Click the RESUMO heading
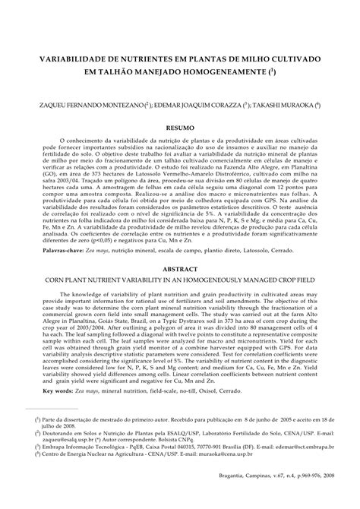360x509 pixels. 179,130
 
